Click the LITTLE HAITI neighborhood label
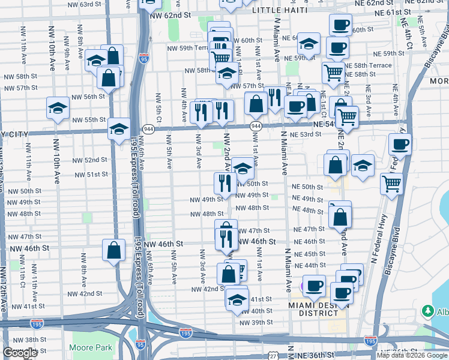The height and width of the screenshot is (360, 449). point(280,10)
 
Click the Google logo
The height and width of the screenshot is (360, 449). point(20,353)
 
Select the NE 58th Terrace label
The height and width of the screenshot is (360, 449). point(372,65)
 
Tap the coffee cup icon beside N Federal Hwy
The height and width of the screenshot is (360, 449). point(400,144)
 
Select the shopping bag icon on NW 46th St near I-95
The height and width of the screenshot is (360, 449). point(113,250)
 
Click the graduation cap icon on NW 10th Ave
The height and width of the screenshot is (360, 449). point(58,108)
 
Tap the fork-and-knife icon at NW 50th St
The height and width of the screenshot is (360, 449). point(225,182)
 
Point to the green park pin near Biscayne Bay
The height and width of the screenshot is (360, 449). point(427,311)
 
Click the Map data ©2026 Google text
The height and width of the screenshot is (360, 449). point(412,355)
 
